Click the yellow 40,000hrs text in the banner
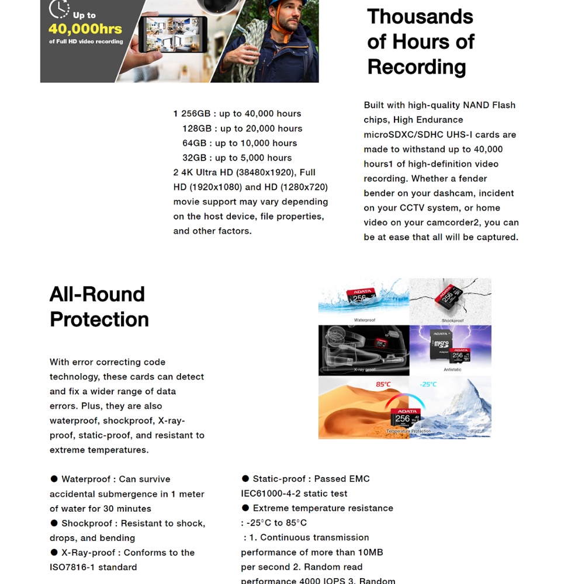[85, 29]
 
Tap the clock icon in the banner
[59, 9]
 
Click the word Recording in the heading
[417, 67]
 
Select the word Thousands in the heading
[420, 16]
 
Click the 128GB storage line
[242, 128]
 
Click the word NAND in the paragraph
[476, 105]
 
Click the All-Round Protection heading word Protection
[99, 319]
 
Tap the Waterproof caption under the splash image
[365, 320]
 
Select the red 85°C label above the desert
[383, 384]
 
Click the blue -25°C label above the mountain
[428, 384]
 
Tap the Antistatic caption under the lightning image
[452, 370]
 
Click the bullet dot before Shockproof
[54, 523]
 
